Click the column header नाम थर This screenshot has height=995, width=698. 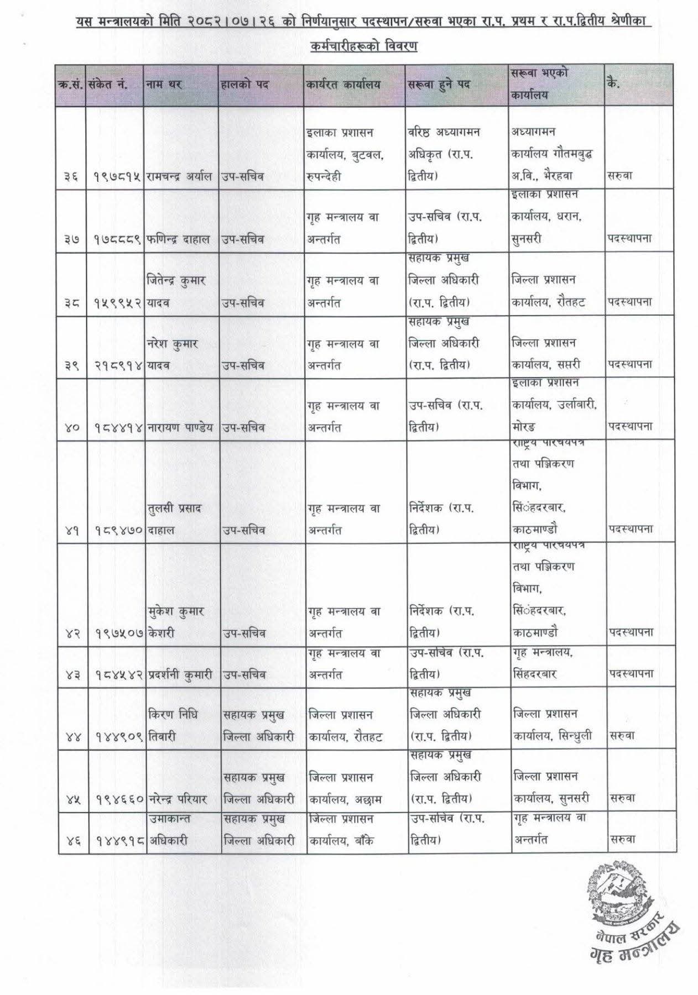coord(164,85)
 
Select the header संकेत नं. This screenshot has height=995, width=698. coord(108,85)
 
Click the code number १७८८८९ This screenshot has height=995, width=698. coord(115,239)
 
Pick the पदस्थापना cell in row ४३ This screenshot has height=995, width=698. coord(631,674)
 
